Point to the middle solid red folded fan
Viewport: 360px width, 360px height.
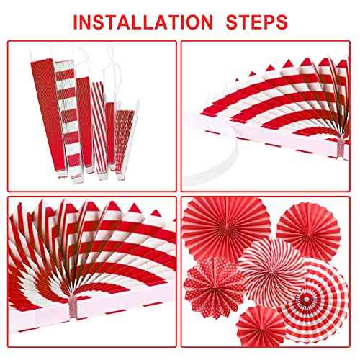pos(81,115)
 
